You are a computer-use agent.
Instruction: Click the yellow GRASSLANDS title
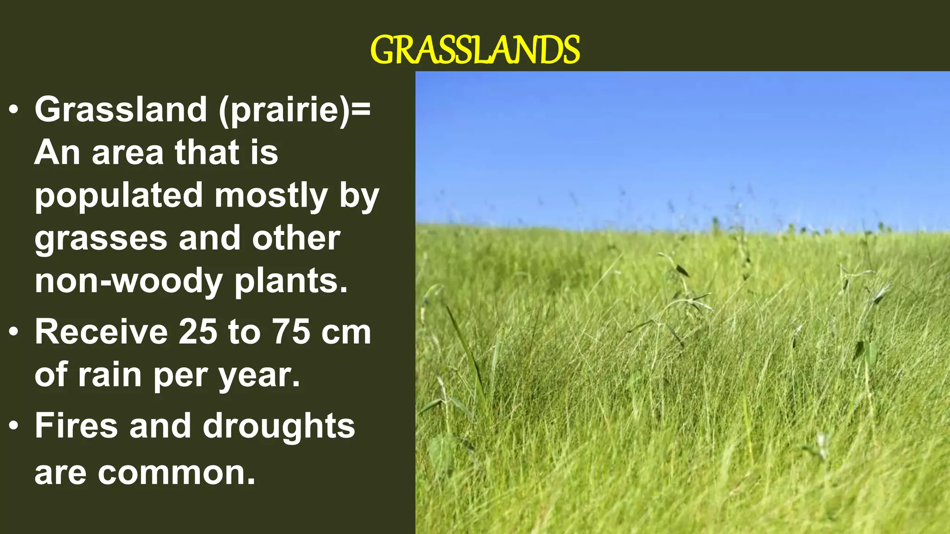[x=475, y=50]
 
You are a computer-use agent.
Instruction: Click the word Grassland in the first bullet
[x=121, y=110]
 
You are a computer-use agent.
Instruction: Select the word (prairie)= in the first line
[x=295, y=110]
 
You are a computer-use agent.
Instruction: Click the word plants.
[x=291, y=282]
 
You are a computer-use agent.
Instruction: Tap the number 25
[x=198, y=332]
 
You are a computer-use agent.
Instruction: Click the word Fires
[x=76, y=426]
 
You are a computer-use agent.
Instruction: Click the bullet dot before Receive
[x=14, y=332]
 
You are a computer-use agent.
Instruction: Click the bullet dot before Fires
[x=14, y=426]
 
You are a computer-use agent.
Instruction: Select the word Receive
[x=101, y=332]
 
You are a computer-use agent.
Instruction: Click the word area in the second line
[x=128, y=153]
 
